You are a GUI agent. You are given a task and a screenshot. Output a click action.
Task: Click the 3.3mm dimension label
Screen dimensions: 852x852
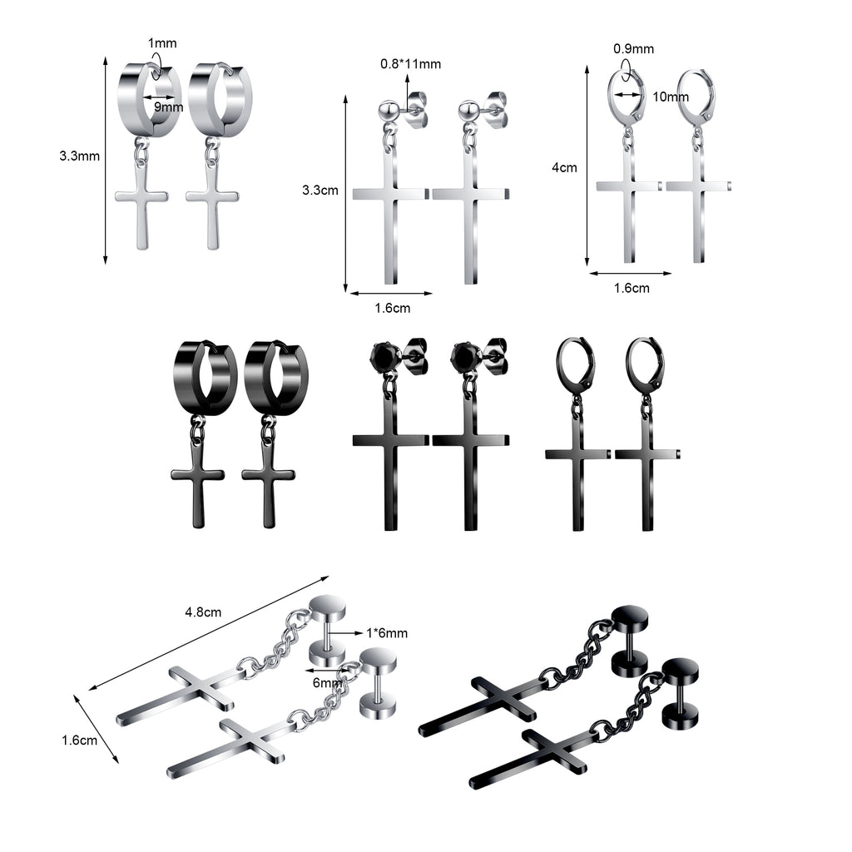tap(79, 156)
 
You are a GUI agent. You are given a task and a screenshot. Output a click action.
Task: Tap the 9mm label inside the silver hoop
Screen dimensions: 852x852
tap(168, 107)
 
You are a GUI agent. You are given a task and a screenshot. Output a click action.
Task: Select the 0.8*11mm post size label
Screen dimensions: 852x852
tap(410, 64)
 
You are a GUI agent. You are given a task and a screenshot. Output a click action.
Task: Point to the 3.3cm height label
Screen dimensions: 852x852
tap(320, 191)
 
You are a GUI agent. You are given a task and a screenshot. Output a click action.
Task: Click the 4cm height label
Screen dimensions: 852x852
tap(564, 168)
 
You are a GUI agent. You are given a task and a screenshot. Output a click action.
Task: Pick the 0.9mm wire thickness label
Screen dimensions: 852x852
tap(633, 49)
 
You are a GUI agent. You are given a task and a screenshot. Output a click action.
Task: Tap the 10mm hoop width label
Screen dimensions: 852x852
tap(671, 97)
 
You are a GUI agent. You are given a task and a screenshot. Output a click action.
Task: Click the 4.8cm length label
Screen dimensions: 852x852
tap(203, 612)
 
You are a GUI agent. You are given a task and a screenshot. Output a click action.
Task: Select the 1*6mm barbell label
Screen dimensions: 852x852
tap(387, 633)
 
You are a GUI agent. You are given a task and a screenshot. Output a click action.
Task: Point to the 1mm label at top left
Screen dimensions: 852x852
tap(162, 43)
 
